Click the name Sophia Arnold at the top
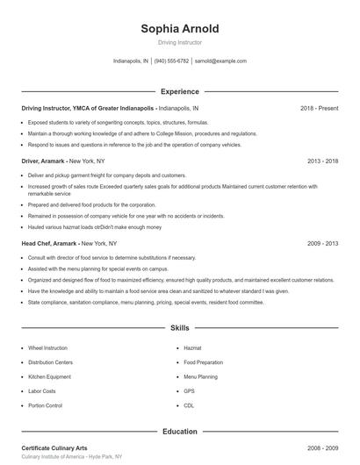pos(180,29)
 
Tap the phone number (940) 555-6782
pos(172,61)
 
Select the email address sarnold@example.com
pos(220,61)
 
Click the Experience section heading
pos(180,91)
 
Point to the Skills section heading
pos(180,328)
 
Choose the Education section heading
pos(180,432)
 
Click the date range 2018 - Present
pos(319,108)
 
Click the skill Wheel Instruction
pos(47,347)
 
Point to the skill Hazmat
pos(193,347)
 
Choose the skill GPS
pos(189,391)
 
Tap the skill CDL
pos(189,405)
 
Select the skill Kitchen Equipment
pos(49,376)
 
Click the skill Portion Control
pos(46,405)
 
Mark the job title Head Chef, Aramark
pos(50,243)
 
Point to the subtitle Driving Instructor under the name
pos(180,42)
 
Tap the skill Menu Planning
pos(201,376)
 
